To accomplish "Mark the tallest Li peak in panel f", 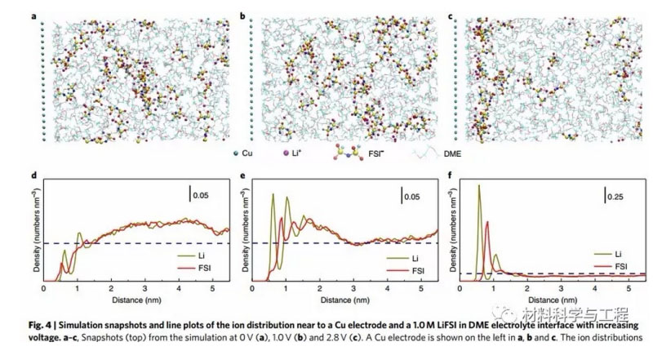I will (478, 186).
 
